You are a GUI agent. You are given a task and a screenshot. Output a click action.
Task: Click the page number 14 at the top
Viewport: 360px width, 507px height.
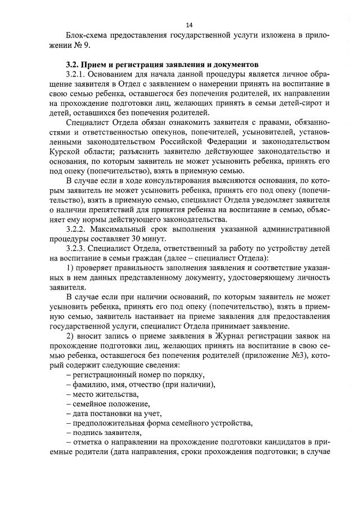(189, 25)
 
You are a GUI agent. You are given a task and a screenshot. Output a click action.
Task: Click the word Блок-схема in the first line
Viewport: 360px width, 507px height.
(84, 35)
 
